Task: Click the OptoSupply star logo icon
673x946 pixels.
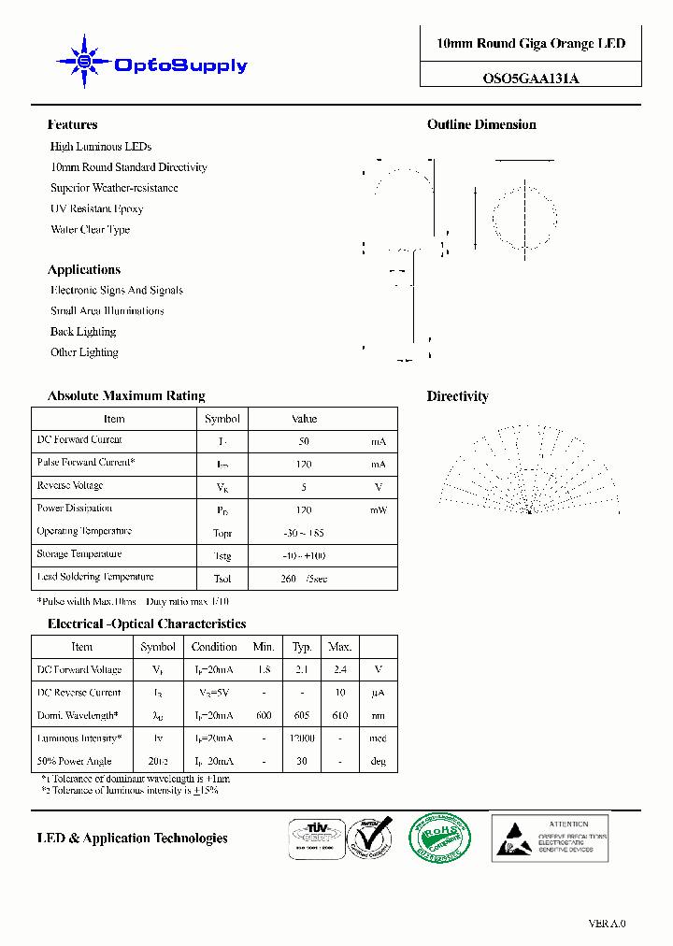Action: pos(84,63)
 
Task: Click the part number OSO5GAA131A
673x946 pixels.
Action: pos(530,79)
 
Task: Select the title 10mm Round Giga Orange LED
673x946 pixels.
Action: pos(531,44)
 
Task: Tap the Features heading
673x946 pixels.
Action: pos(72,124)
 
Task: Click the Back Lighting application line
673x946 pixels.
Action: pos(83,332)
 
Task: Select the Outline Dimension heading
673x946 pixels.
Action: pos(481,124)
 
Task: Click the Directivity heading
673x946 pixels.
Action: pos(457,396)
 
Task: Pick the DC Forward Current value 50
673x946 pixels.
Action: pos(304,441)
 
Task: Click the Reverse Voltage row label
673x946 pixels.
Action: pos(70,486)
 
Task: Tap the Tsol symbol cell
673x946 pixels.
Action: pos(222,579)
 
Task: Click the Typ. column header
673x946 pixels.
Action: pos(302,647)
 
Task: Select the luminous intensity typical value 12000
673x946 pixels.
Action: pos(302,738)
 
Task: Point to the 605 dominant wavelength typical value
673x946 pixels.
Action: pos(302,716)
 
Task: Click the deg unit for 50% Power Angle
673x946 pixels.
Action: pos(378,762)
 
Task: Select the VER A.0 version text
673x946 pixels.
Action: pos(607,924)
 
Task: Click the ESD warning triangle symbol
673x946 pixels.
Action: pos(512,838)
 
